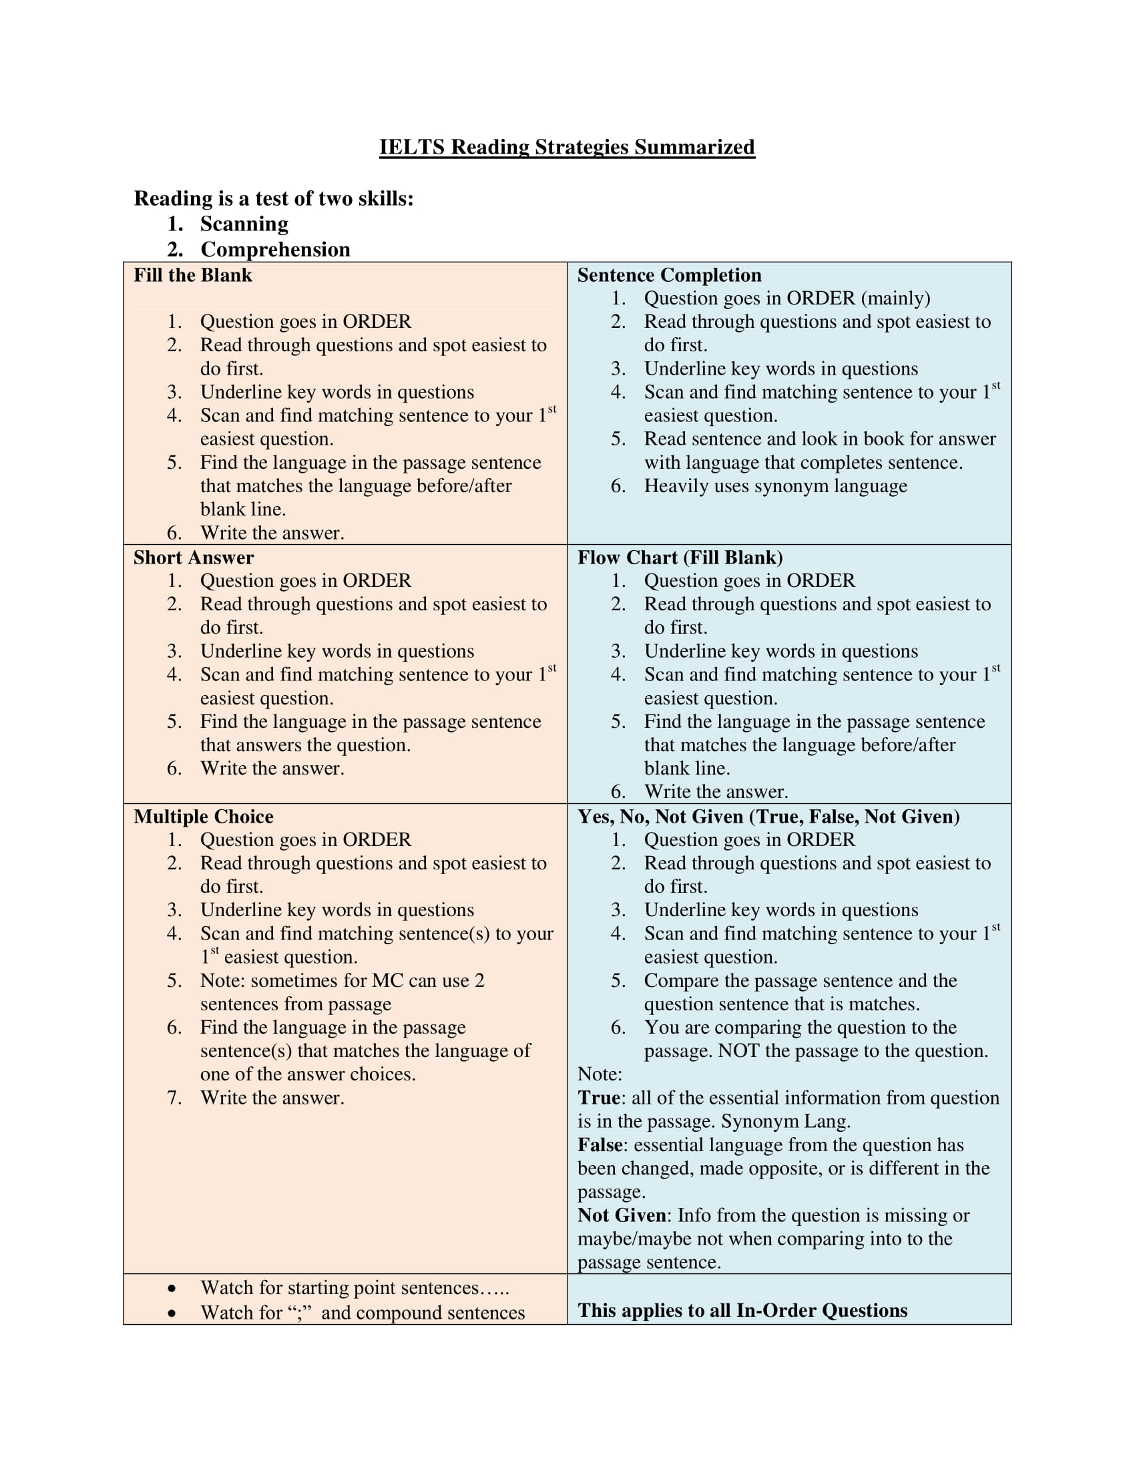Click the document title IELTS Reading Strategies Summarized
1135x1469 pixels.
(x=567, y=147)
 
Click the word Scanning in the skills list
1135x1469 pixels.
(x=244, y=223)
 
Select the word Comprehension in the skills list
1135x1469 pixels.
(x=275, y=250)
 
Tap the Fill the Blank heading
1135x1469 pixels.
(x=192, y=275)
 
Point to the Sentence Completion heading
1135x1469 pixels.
(x=669, y=275)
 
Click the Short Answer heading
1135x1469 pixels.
(x=193, y=558)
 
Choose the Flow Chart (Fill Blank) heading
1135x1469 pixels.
(x=680, y=558)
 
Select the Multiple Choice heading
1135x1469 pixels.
(x=203, y=817)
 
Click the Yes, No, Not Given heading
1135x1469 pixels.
(x=768, y=817)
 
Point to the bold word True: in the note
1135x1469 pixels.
(x=601, y=1098)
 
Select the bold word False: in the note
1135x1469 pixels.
(x=602, y=1144)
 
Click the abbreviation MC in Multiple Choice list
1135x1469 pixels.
(x=387, y=980)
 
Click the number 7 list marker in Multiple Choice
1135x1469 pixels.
(x=174, y=1098)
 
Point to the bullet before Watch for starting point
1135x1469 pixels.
(x=172, y=1289)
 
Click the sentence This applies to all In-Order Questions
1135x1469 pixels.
(x=742, y=1310)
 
